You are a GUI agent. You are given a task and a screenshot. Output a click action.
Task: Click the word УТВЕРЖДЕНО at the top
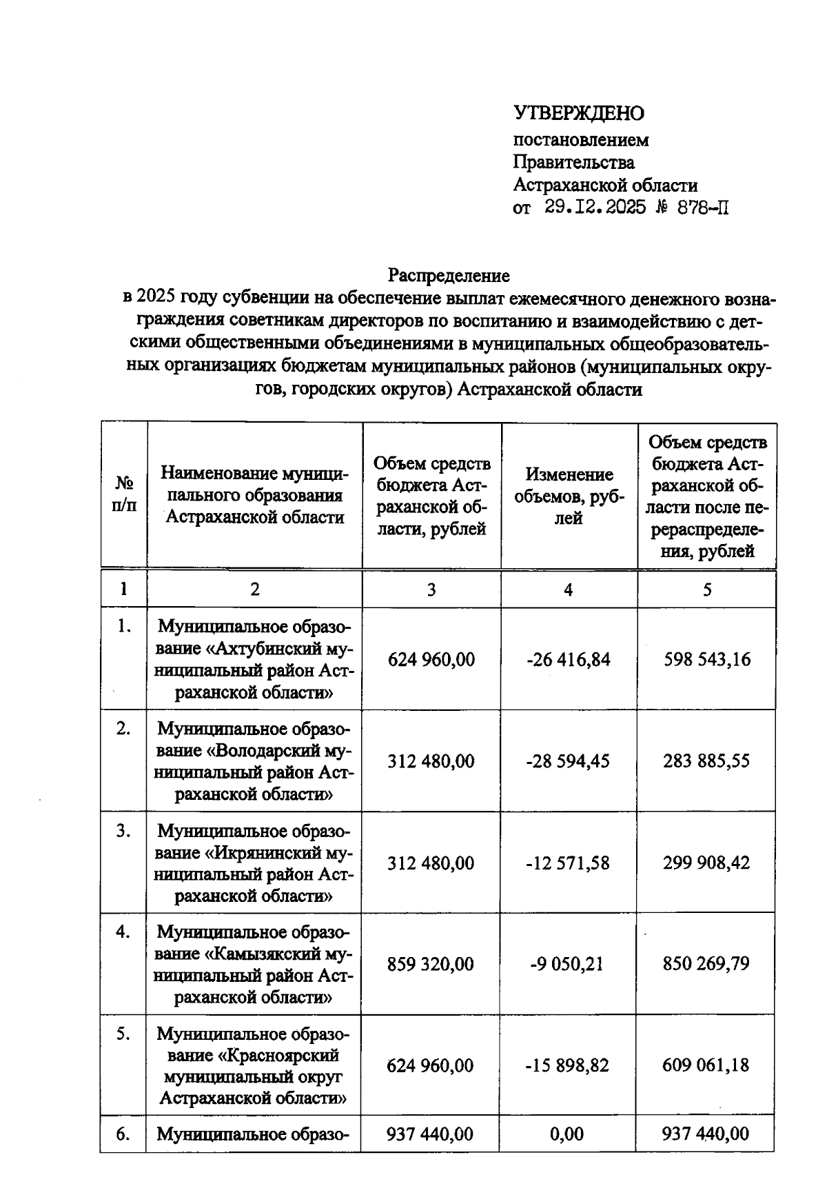coord(578,113)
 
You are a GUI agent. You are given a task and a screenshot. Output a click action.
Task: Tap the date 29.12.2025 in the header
coord(595,207)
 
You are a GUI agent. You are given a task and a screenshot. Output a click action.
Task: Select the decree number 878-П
coord(703,207)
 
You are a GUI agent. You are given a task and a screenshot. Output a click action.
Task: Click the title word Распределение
coord(449,275)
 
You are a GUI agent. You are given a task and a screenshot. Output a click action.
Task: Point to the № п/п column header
coord(124,494)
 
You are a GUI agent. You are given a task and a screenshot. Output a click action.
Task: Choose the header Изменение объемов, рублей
coord(569,496)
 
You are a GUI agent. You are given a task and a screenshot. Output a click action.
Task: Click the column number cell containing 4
coord(569,590)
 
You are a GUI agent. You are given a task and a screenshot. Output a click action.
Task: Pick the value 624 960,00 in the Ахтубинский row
coord(431,659)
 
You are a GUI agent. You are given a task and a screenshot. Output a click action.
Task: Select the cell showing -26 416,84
coord(569,659)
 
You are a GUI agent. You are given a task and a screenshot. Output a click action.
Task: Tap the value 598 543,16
coord(707,659)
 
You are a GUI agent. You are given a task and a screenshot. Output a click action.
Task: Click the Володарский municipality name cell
coord(254,761)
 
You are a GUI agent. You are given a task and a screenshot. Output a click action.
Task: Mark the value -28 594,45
coord(569,761)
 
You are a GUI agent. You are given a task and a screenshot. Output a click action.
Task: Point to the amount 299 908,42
coord(706,863)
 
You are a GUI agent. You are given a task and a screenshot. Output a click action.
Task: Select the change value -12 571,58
coord(569,863)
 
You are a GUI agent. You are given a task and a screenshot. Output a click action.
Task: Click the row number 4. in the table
coord(123,932)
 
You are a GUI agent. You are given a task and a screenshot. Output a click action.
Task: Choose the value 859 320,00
coord(431,963)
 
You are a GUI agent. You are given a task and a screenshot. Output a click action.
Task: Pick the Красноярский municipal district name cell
coord(253,1065)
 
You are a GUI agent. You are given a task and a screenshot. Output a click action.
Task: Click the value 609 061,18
coord(706,1065)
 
